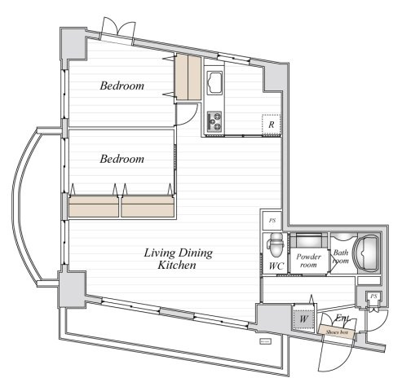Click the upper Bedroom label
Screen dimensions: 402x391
point(122,86)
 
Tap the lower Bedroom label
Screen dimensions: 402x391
point(122,159)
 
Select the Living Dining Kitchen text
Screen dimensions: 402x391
point(178,259)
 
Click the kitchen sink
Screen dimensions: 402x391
point(214,82)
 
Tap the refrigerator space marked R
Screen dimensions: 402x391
point(271,125)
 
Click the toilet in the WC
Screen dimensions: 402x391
point(276,245)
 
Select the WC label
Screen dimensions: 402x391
point(276,266)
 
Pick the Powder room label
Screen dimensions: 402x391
point(308,261)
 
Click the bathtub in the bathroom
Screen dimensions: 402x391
point(367,253)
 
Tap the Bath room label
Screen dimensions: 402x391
point(341,257)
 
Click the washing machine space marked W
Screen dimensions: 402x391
point(303,319)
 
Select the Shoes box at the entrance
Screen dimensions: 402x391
point(337,332)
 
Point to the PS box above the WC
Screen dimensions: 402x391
point(272,220)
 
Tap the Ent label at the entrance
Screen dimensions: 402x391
point(342,318)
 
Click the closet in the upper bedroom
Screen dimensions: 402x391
point(188,77)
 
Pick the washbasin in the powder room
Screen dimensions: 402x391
point(309,240)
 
